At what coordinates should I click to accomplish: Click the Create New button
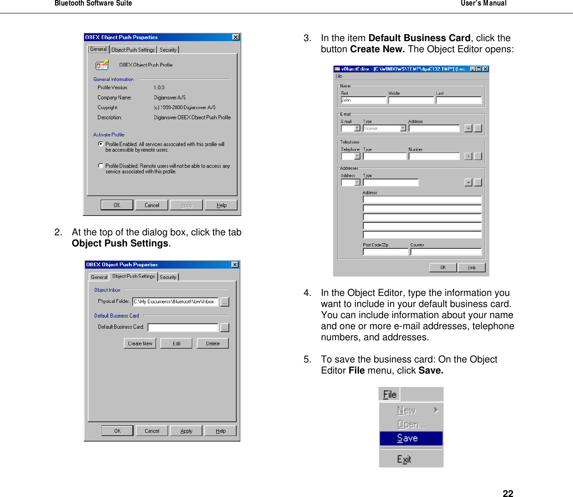[x=140, y=344]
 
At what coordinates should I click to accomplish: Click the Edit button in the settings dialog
[x=176, y=344]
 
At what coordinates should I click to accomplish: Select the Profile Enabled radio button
[x=101, y=144]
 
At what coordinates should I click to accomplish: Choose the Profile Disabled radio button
[x=101, y=166]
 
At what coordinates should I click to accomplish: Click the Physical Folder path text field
[x=175, y=301]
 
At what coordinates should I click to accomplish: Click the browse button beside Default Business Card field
[x=225, y=327]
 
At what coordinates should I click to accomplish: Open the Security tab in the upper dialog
[x=168, y=49]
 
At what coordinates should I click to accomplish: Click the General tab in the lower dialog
[x=99, y=277]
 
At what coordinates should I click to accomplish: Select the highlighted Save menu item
[x=411, y=438]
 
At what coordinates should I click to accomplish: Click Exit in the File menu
[x=404, y=459]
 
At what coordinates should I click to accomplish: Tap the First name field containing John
[x=363, y=100]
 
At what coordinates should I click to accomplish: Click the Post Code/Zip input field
[x=385, y=252]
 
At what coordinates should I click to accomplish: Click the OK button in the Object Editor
[x=443, y=267]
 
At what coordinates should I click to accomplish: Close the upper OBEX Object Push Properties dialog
[x=236, y=37]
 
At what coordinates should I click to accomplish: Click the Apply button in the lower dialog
[x=186, y=431]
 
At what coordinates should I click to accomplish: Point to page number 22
[x=508, y=493]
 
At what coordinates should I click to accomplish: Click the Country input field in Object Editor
[x=446, y=252]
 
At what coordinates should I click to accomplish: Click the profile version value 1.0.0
[x=159, y=87]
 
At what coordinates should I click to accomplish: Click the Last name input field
[x=458, y=100]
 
